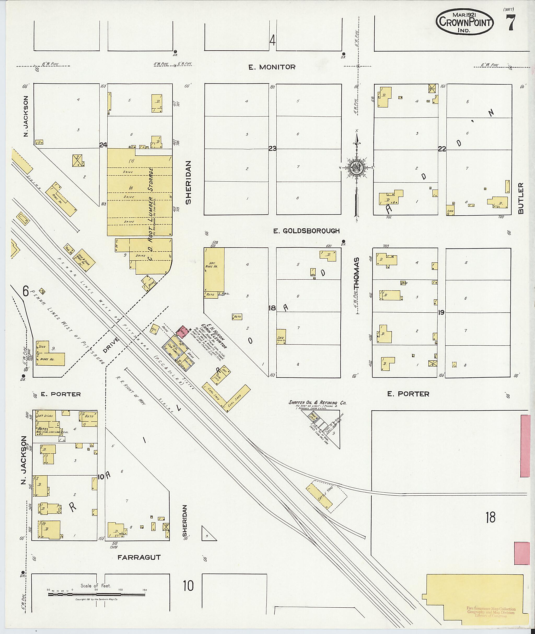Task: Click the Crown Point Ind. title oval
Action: tap(464, 22)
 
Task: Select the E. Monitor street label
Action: tap(272, 67)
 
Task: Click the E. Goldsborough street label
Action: tap(306, 231)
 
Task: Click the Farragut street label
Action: tap(139, 557)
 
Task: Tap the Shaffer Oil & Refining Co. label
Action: tap(317, 403)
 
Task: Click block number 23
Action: tap(272, 149)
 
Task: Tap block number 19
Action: tap(441, 312)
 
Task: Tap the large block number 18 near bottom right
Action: tap(490, 517)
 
